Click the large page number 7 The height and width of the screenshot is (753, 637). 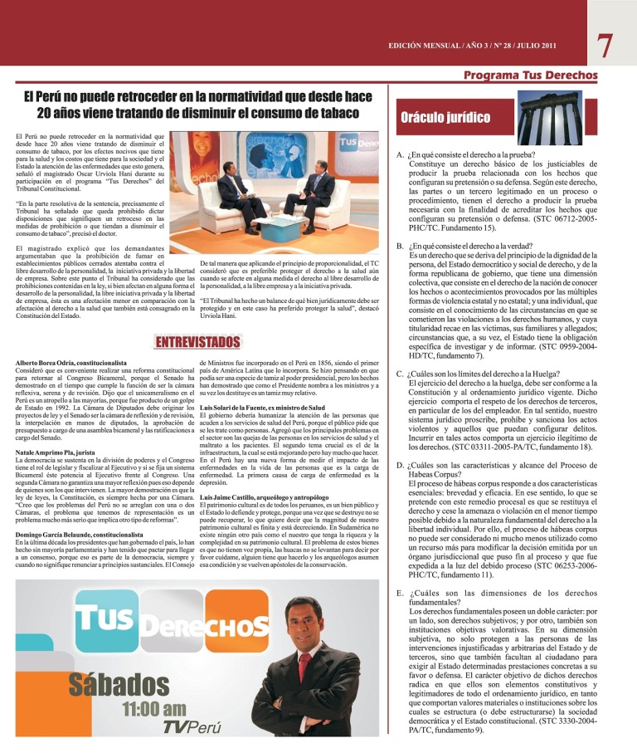coord(608,45)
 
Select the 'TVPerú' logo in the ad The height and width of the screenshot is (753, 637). coord(192,728)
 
